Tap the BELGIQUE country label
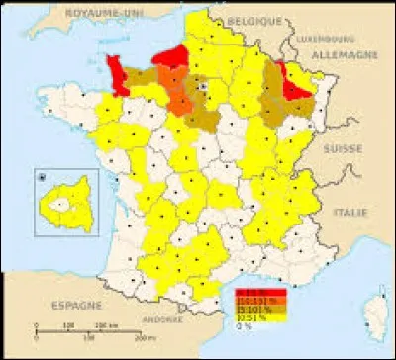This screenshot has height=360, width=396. [252, 19]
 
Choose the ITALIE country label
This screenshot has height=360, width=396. [351, 212]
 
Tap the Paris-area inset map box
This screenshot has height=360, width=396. [65, 204]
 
